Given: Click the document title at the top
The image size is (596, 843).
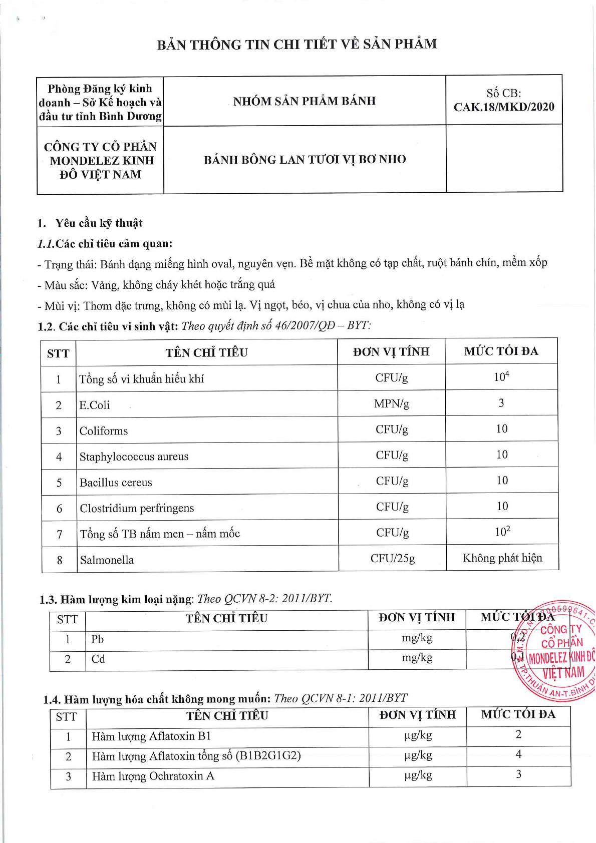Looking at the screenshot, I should [x=297, y=45].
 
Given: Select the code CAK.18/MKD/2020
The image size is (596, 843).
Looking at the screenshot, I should [x=504, y=107].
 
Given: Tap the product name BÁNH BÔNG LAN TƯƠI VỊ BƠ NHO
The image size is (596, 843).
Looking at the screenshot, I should [x=305, y=160].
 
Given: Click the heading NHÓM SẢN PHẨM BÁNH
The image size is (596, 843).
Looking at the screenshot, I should [x=304, y=101].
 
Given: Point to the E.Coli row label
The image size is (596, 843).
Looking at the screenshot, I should [x=95, y=405].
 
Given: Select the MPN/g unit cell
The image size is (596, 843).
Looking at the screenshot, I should [x=391, y=403].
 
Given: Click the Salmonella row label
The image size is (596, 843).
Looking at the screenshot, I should [x=107, y=560].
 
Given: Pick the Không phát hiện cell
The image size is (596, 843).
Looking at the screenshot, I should [x=502, y=558].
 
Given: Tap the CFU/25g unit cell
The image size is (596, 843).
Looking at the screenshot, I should [x=392, y=558].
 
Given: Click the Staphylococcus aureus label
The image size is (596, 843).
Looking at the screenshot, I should [x=134, y=457].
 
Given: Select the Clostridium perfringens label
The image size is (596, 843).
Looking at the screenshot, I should [x=137, y=508].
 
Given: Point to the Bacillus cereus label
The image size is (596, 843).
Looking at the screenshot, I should [x=116, y=483].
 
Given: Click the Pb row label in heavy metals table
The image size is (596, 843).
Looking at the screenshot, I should [x=97, y=639].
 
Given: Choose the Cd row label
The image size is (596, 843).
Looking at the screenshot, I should [x=98, y=659].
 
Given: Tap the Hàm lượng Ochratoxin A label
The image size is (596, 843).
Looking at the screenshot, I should [x=153, y=776].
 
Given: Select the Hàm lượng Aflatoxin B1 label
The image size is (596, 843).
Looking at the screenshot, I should [x=151, y=736].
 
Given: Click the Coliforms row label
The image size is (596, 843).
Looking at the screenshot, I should [x=104, y=431].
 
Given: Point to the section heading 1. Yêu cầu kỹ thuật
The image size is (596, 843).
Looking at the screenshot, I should [x=90, y=223].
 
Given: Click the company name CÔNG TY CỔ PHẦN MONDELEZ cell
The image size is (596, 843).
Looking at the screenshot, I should [x=100, y=160].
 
